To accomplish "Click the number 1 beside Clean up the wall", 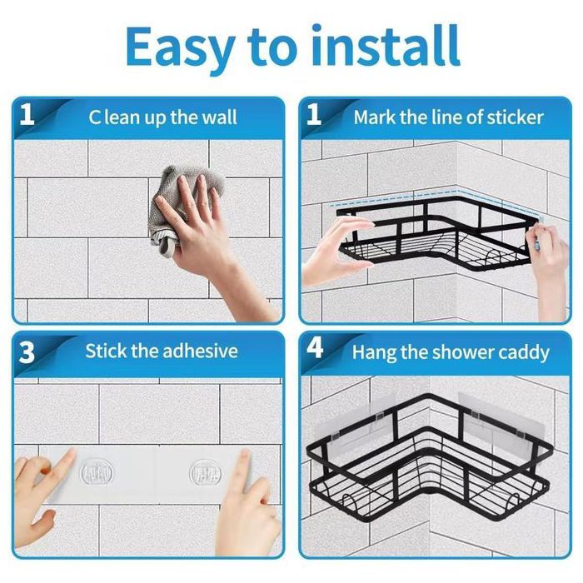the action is tap(27, 115).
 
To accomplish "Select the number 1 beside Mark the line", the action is tap(313, 115).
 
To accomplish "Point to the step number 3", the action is tap(27, 351).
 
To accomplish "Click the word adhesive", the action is tap(200, 351).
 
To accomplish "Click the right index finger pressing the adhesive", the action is tap(243, 469).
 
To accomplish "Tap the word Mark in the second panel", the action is tap(375, 117).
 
